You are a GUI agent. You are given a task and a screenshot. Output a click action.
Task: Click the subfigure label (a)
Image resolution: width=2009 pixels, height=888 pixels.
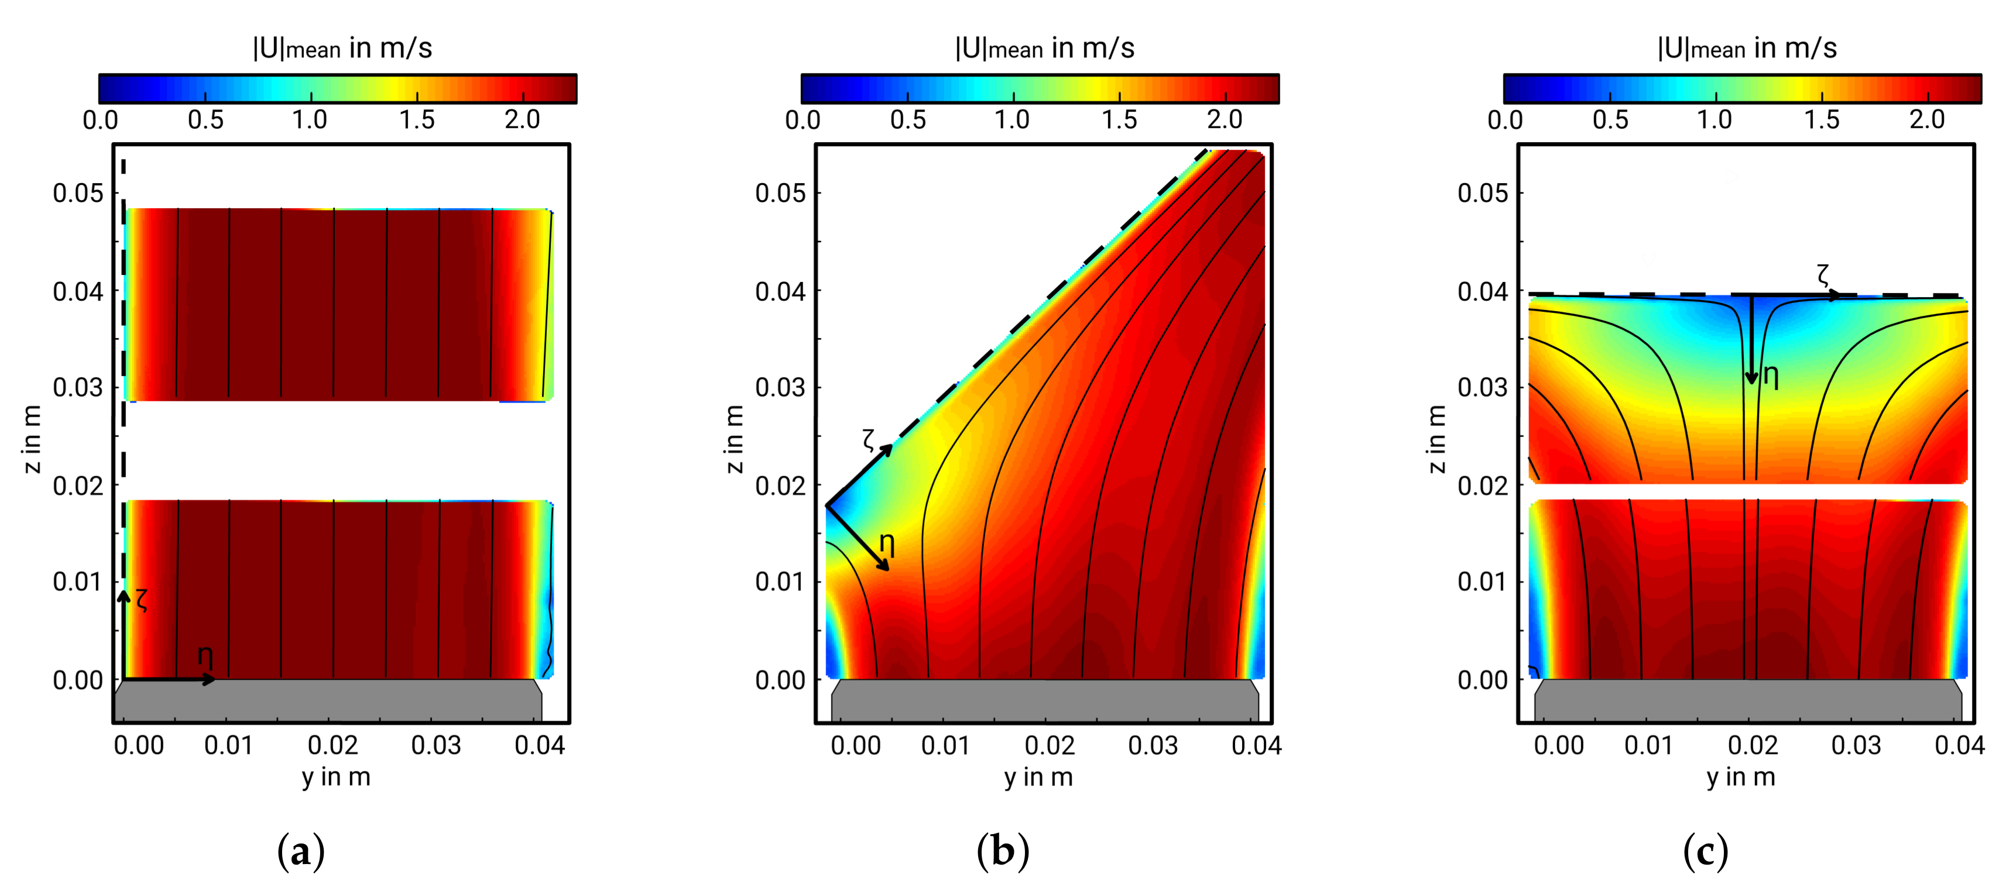[x=301, y=851]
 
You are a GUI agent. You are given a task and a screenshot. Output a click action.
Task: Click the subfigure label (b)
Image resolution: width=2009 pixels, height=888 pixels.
[x=1003, y=851]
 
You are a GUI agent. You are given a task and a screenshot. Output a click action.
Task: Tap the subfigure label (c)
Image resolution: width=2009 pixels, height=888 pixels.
[x=1706, y=851]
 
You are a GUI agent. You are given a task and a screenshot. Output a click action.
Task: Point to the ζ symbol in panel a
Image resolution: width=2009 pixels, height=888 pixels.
[x=141, y=599]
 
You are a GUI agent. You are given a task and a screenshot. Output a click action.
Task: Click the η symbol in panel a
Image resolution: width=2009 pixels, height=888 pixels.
[x=205, y=658]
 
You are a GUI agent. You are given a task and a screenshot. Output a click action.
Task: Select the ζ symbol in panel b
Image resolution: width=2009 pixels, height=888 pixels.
[x=869, y=440]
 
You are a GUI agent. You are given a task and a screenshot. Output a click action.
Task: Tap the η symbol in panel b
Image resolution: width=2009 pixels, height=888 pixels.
[x=887, y=543]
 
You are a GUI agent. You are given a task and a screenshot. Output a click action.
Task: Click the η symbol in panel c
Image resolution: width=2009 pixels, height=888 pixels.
[x=1771, y=377]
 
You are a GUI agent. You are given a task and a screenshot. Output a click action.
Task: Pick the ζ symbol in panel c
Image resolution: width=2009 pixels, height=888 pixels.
[x=1823, y=274]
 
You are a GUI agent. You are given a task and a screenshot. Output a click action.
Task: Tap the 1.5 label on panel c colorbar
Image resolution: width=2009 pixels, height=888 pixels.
[x=1821, y=120]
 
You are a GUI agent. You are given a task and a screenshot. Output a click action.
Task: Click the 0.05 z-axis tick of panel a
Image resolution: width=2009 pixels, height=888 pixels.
[x=78, y=194]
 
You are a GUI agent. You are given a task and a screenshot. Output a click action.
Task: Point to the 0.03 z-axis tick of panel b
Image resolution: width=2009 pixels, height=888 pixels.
[x=780, y=387]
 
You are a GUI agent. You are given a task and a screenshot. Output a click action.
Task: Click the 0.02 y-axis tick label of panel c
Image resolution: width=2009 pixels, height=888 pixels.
[x=1753, y=745]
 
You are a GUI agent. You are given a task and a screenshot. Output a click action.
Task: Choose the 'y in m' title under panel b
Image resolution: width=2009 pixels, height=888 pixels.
[x=1038, y=777]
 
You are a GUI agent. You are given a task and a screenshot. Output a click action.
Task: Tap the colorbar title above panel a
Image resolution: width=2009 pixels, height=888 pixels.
[x=342, y=49]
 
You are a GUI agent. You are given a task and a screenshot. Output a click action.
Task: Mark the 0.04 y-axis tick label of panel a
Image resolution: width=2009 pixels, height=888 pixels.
[x=539, y=745]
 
